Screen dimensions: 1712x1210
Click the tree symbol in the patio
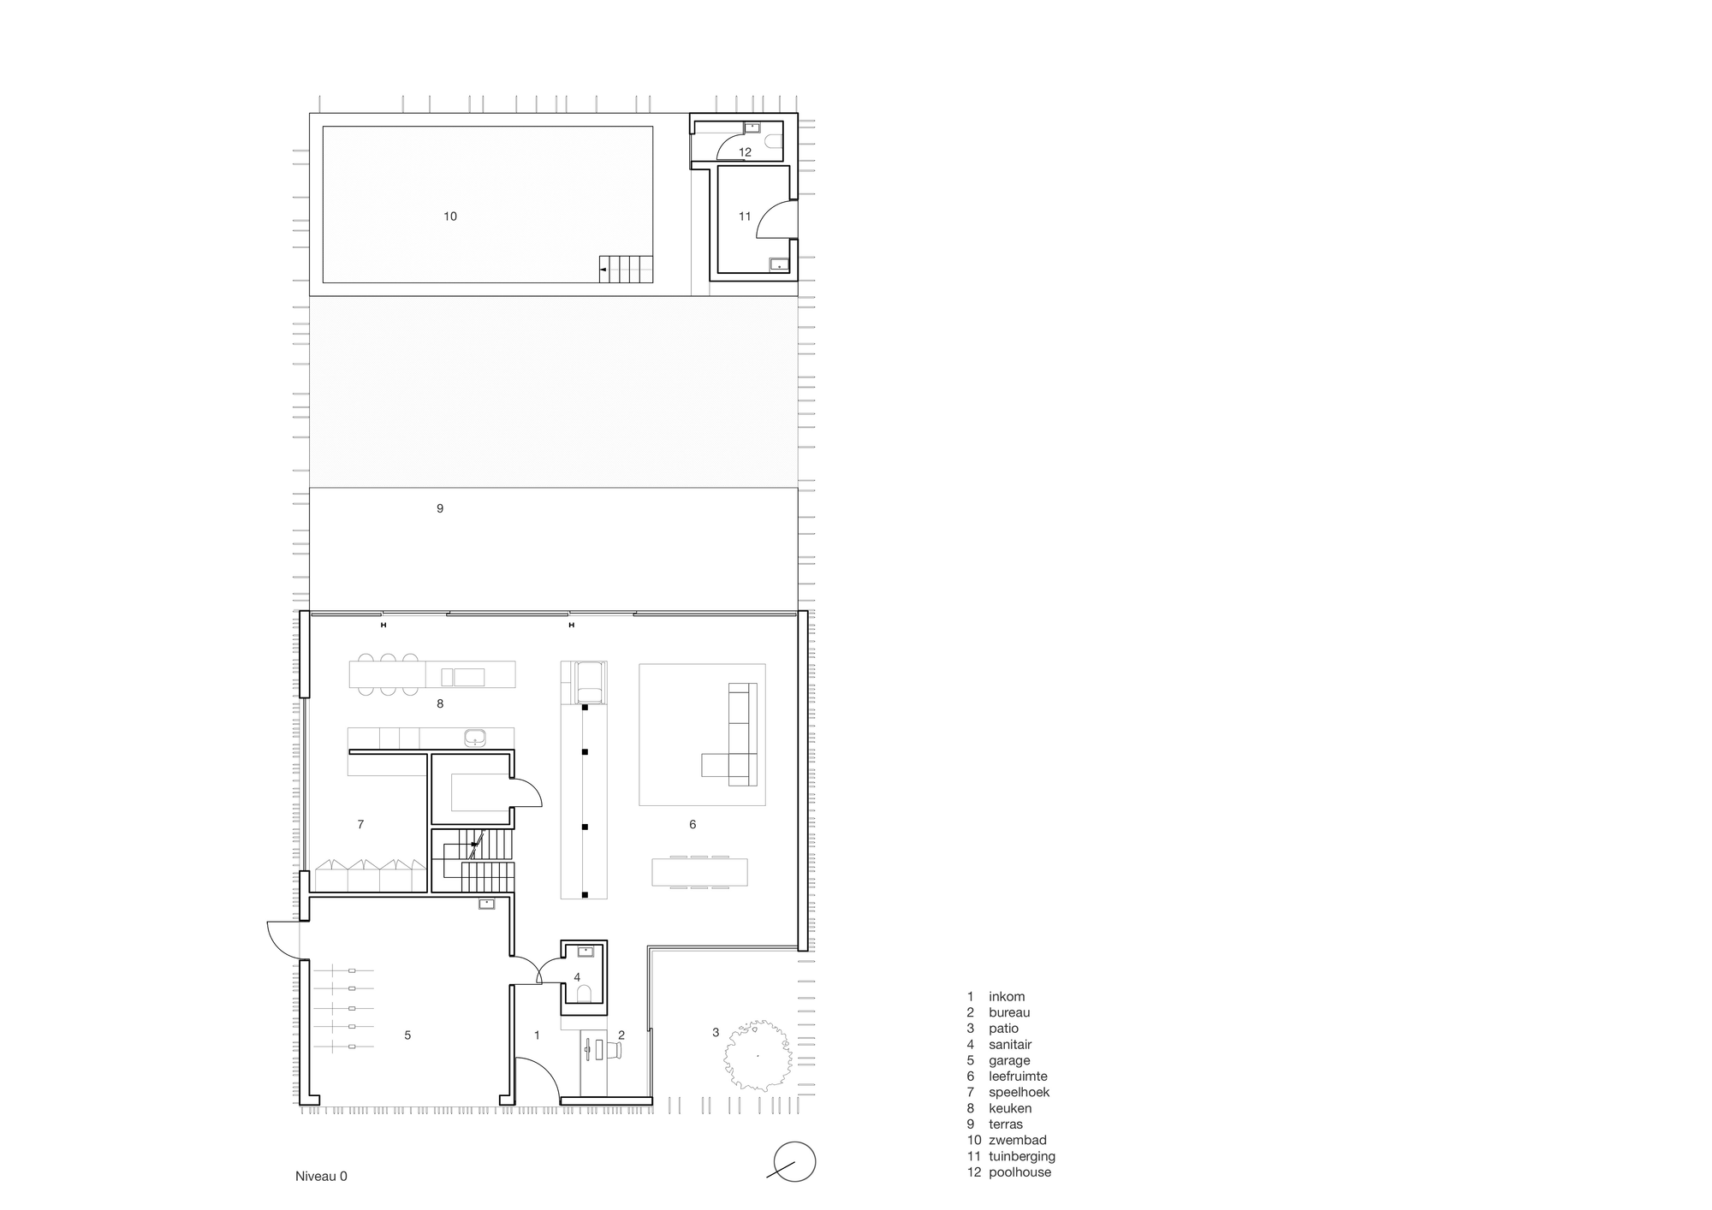757,1055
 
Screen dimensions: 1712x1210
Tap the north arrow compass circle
794,1162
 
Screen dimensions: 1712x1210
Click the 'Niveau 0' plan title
321,1176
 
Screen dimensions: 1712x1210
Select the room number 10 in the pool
450,216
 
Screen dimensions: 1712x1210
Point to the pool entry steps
626,269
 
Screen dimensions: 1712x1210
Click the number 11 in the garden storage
745,216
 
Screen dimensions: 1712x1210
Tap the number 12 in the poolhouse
745,152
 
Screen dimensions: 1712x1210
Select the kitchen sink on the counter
474,738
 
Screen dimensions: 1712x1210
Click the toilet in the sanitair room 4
585,994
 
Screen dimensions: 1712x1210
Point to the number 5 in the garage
407,1035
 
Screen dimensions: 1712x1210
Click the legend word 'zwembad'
1018,1140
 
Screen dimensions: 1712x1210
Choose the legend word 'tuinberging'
1022,1156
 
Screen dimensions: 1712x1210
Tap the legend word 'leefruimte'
1018,1077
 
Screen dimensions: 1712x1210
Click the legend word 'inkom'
1007,996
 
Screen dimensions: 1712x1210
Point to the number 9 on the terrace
440,508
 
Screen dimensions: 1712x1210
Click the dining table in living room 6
699,872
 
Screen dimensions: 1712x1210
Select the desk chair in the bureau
615,1049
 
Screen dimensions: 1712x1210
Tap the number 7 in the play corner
360,825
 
